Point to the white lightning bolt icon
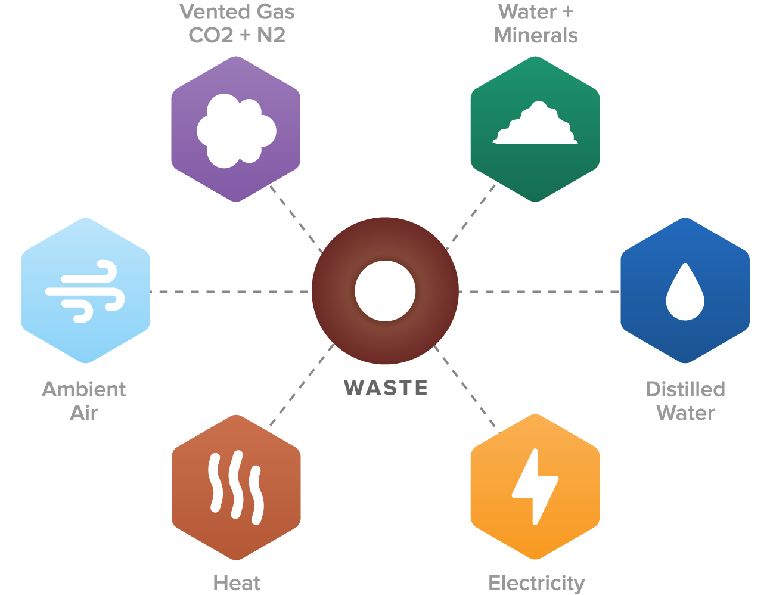[535, 486]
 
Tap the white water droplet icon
[685, 293]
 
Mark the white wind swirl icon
[85, 291]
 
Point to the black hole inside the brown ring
[385, 291]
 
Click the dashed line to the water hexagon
[539, 292]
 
